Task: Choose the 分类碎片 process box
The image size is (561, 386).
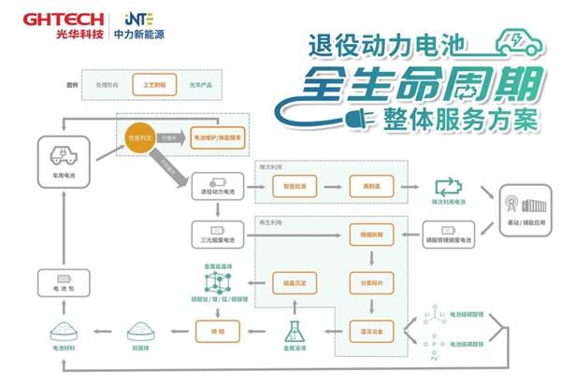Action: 367,279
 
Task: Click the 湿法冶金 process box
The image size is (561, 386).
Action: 367,329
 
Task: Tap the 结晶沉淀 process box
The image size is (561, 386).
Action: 288,279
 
